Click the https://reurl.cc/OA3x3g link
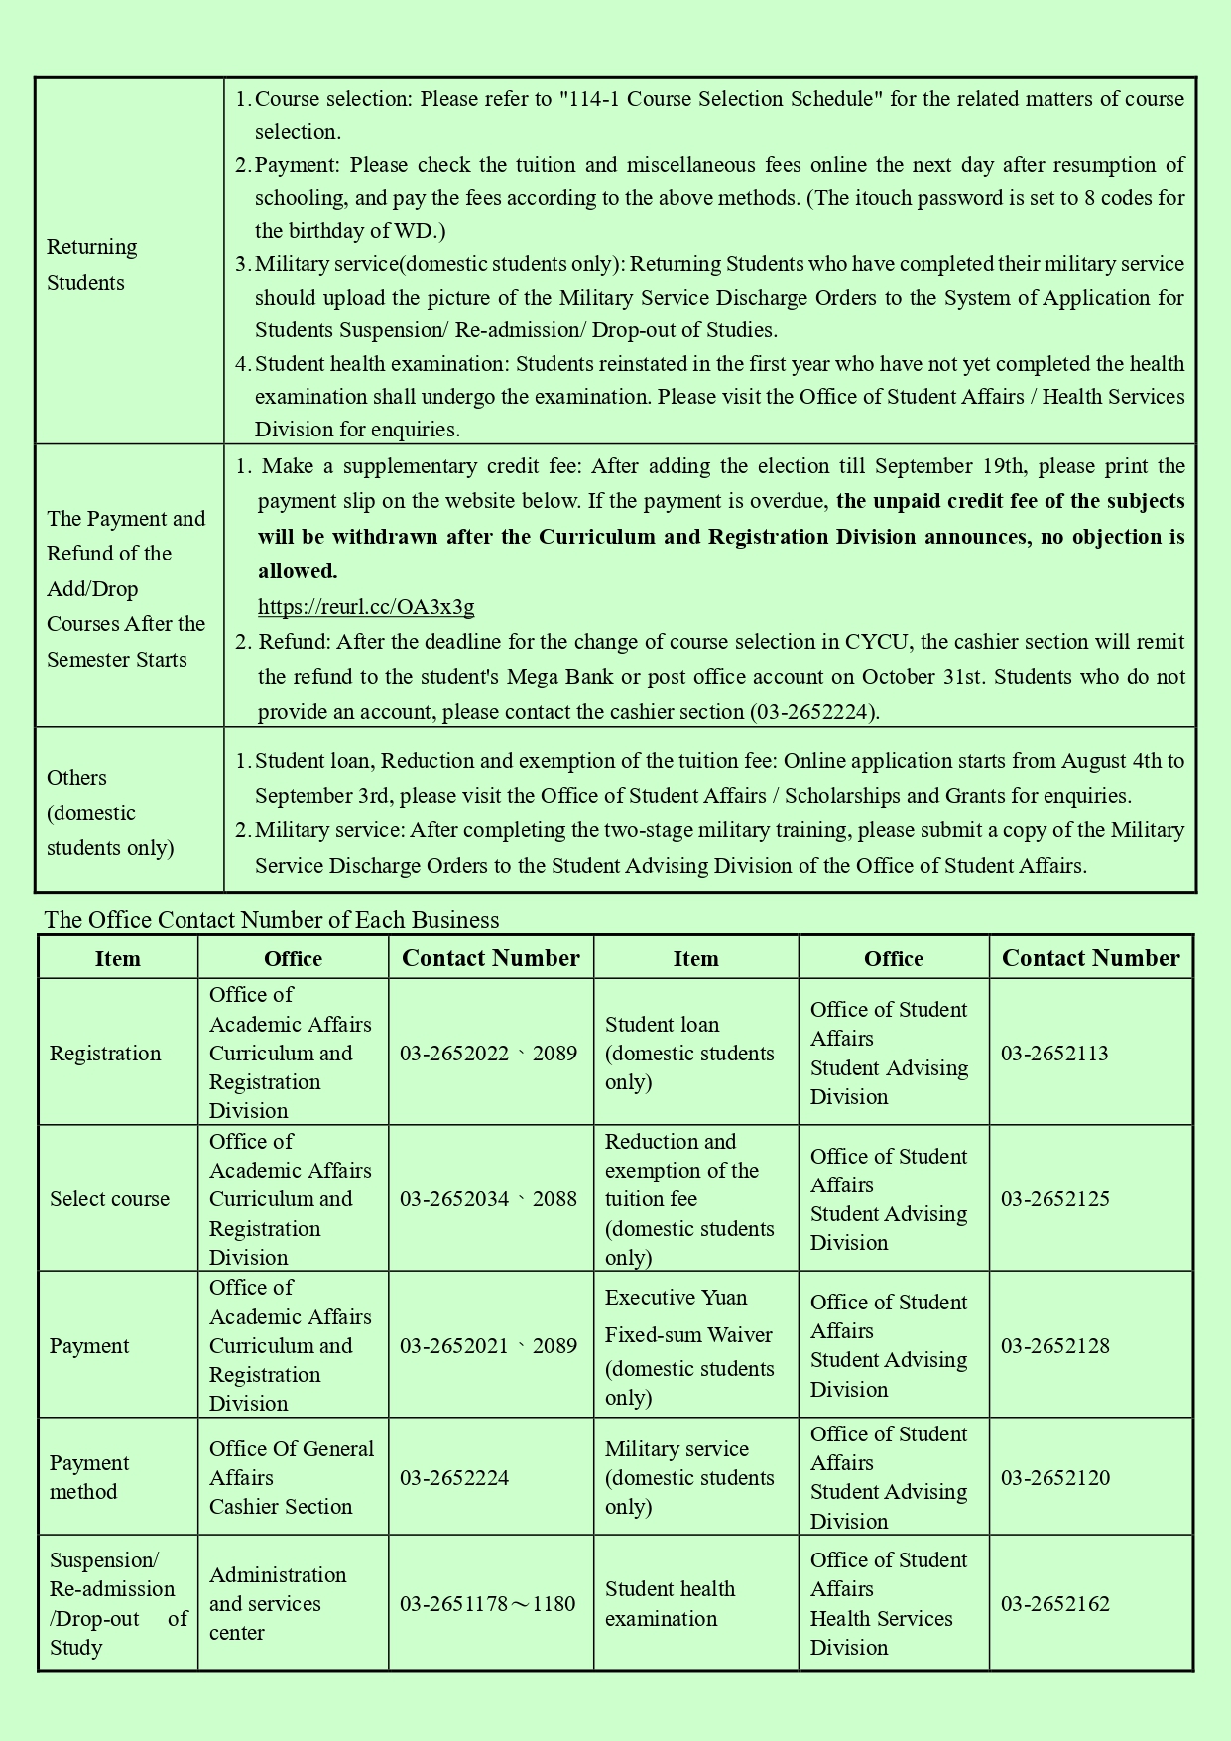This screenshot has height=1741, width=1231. click(366, 607)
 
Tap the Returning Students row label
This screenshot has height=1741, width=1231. click(91, 265)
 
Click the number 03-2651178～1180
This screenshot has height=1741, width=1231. click(487, 1604)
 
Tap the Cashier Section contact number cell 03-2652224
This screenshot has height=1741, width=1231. click(454, 1478)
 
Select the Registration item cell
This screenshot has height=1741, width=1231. click(105, 1054)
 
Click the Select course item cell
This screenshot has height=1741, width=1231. click(109, 1199)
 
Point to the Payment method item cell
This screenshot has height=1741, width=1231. click(89, 1478)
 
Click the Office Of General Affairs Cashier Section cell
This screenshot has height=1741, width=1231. click(291, 1478)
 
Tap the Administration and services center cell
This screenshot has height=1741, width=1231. click(278, 1604)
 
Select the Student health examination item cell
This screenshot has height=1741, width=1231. click(670, 1604)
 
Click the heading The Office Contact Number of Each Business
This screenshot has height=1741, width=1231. click(272, 920)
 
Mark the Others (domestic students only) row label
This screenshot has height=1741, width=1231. click(110, 812)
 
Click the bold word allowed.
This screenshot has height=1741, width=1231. click(298, 571)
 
